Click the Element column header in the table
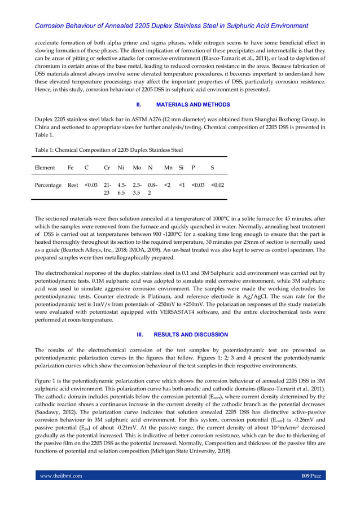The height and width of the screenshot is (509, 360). click(45, 168)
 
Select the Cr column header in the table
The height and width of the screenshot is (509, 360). click(107, 168)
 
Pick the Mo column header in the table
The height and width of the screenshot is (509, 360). click(137, 168)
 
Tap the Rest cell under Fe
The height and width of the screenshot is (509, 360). click(73, 185)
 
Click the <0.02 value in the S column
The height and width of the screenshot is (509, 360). click(217, 185)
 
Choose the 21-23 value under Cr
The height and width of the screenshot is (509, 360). click(107, 188)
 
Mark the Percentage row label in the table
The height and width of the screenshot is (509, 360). click(48, 185)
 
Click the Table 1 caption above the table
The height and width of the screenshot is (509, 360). click(108, 150)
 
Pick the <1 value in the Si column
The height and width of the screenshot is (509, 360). click(182, 185)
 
